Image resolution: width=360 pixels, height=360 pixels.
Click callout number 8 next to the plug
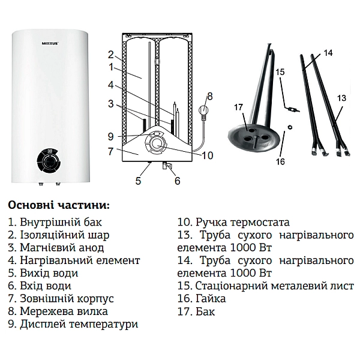tap(209, 96)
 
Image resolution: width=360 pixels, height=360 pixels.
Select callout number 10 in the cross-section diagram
tap(207, 156)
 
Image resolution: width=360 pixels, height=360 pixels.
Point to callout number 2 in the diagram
tap(110, 53)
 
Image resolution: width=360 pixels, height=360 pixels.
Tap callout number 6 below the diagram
tap(177, 180)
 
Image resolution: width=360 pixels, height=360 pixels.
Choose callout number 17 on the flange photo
tap(238, 107)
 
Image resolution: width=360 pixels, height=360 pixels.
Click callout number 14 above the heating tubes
tap(328, 53)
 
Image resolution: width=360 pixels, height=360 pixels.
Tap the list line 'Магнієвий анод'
tap(56, 247)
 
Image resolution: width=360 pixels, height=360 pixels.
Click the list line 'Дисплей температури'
tap(73, 324)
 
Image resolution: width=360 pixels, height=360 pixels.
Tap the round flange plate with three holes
tap(253, 135)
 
